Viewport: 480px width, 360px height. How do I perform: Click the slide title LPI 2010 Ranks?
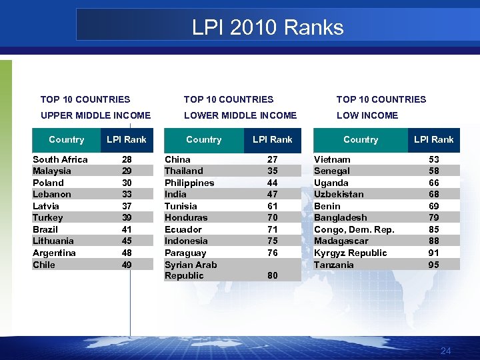(x=267, y=27)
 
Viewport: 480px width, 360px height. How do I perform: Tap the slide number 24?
(x=446, y=351)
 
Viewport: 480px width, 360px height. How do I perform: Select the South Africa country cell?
(x=60, y=159)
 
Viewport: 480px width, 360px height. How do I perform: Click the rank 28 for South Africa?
(x=127, y=159)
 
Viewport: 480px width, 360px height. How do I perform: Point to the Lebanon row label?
(x=51, y=194)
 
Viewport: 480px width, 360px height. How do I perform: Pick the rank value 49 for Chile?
(x=127, y=265)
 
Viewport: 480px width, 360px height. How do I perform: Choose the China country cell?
(x=177, y=159)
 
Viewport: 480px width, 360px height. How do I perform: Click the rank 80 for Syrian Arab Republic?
(x=272, y=275)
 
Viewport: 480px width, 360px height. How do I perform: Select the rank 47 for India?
(x=272, y=194)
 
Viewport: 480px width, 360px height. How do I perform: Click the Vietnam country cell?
(x=332, y=159)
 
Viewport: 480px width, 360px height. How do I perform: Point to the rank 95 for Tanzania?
(x=434, y=265)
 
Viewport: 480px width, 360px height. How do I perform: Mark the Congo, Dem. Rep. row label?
(x=354, y=229)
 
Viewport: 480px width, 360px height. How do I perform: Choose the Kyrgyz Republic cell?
(x=350, y=253)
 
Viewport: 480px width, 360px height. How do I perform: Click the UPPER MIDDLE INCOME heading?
(x=95, y=115)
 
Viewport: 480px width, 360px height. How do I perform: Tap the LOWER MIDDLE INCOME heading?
(x=240, y=115)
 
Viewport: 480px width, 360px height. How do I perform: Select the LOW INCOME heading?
(x=367, y=115)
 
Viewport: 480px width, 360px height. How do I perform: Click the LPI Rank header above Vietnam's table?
(x=433, y=139)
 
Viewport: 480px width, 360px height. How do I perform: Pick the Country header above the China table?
(x=203, y=139)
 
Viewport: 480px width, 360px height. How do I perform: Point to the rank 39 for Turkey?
(x=127, y=217)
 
